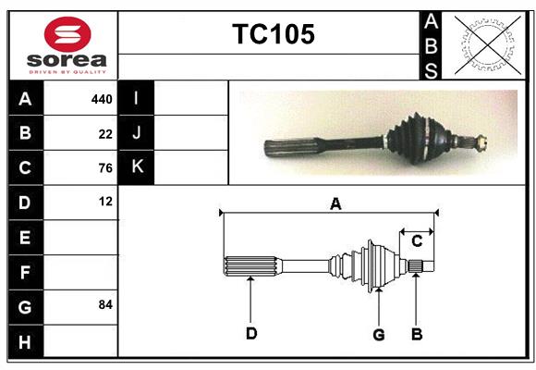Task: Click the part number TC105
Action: tap(273, 34)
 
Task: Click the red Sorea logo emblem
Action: tap(67, 35)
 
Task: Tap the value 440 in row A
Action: tap(101, 98)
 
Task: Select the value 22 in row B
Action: tap(105, 133)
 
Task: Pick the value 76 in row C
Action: tap(105, 167)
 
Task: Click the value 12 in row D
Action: tap(105, 201)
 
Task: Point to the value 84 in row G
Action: tap(104, 304)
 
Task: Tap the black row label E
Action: tap(25, 238)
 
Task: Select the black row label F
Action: tap(25, 272)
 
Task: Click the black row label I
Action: tap(137, 98)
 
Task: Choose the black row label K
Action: tap(137, 166)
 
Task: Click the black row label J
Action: tap(137, 132)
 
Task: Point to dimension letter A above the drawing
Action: tap(335, 203)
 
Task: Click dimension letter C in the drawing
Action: tap(417, 240)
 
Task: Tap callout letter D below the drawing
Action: tap(250, 333)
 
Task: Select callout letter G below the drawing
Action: tap(378, 333)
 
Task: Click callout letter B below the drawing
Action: tap(417, 333)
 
